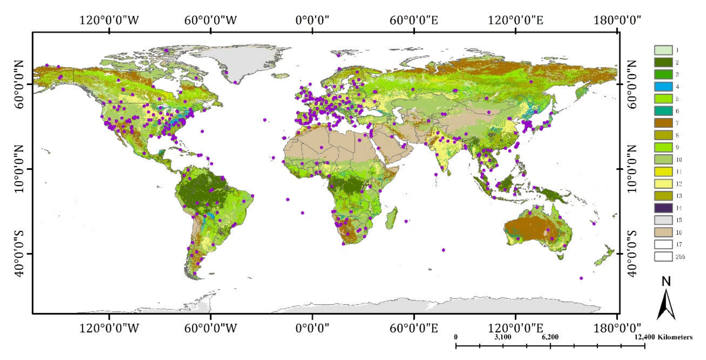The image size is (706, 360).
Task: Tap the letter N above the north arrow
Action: [x=666, y=281]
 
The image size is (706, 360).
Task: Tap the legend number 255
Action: [x=680, y=257]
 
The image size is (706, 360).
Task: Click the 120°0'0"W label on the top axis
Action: [x=109, y=20]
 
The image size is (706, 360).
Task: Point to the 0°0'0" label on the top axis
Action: [x=312, y=20]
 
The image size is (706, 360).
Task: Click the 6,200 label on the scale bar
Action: [x=550, y=337]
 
